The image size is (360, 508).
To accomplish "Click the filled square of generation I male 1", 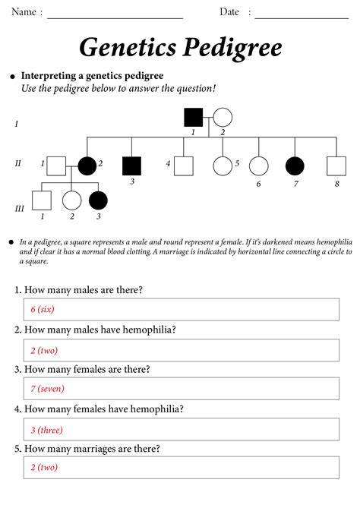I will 194,118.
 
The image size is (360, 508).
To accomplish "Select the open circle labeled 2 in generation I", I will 222,118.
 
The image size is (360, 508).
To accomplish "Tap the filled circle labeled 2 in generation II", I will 87,164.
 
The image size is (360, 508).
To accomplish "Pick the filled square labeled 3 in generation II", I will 132,164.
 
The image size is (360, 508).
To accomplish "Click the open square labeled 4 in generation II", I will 183,164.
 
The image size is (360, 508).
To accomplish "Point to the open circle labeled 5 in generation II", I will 222,164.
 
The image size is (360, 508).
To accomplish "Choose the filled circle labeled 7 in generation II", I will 295,164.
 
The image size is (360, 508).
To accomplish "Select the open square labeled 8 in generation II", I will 336,164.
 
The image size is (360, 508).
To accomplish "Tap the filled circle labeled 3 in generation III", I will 98,200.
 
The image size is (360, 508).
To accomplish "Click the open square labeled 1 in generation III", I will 42,200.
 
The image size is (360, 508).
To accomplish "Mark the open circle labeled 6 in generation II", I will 259,164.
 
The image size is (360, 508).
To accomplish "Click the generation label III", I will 19,208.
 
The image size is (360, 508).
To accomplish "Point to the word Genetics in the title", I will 126,48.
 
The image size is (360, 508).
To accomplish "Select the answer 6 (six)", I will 43,310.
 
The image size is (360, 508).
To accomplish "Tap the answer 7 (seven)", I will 47,389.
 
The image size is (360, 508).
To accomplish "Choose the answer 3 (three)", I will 46,429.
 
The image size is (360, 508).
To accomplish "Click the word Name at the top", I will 23,12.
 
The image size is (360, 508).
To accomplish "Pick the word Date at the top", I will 229,12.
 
